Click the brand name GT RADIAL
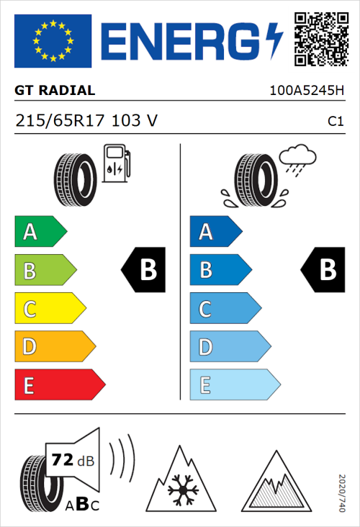pyautogui.click(x=55, y=91)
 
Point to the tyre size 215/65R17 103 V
pyautogui.click(x=86, y=121)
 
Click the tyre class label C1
pyautogui.click(x=335, y=122)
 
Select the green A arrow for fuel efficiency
pyautogui.click(x=40, y=232)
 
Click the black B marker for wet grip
pyautogui.click(x=323, y=271)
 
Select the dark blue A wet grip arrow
pyautogui.click(x=215, y=232)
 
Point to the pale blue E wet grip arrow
pyautogui.click(x=234, y=385)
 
